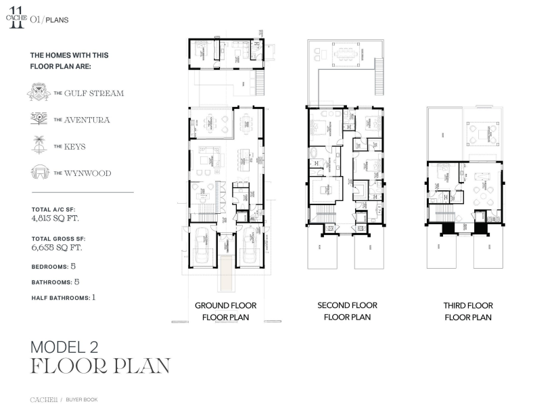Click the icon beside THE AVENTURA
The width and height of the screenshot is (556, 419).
39,119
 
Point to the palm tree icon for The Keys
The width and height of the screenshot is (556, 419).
39,144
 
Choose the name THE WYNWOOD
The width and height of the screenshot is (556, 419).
83,173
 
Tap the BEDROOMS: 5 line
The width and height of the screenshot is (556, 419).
53,267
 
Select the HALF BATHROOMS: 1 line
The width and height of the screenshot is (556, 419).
64,297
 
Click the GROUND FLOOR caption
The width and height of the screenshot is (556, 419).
225,306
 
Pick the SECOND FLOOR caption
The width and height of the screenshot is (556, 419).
347,306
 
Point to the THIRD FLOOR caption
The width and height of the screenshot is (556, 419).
468,306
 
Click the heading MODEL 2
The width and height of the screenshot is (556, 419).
65,347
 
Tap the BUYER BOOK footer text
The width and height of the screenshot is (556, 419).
82,400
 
